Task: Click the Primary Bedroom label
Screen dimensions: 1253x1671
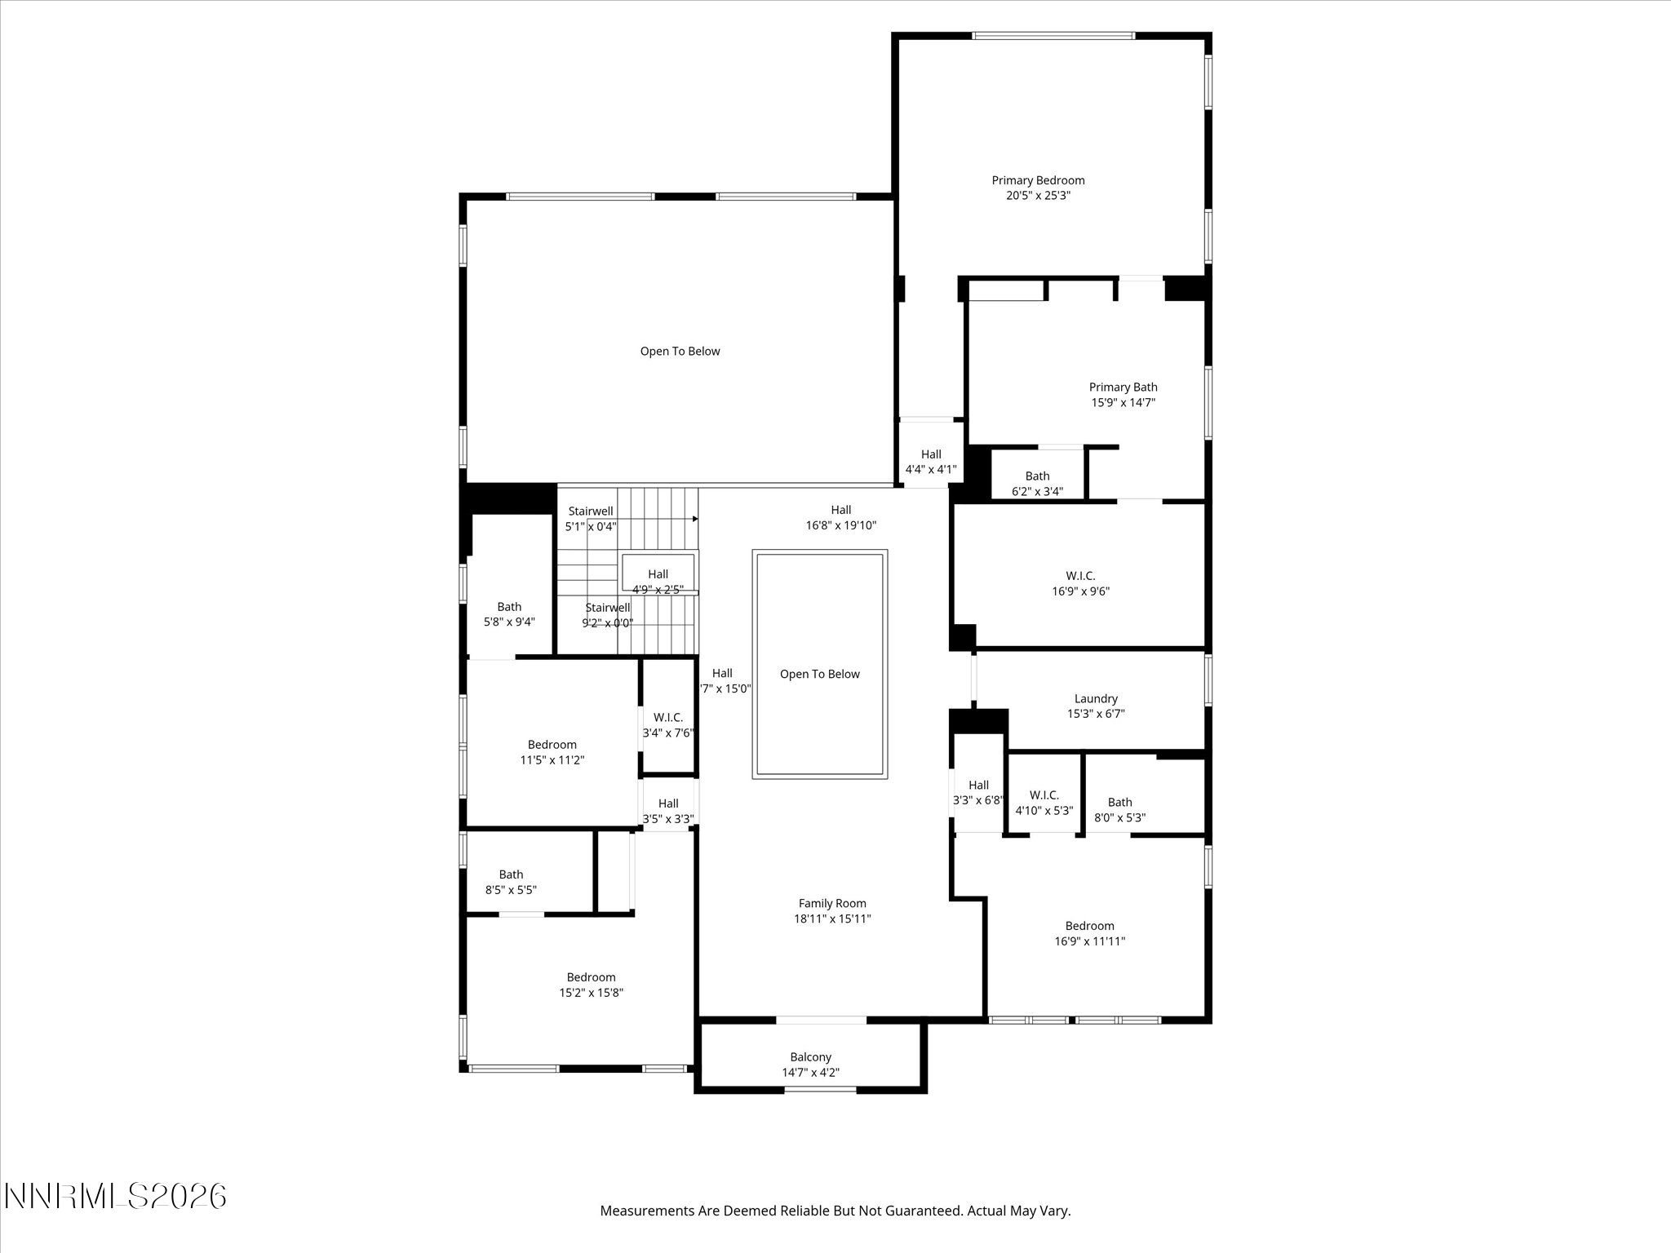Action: pos(1038,181)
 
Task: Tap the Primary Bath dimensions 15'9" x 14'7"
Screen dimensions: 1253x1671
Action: pos(1123,403)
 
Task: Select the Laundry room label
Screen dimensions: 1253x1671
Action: pos(1096,699)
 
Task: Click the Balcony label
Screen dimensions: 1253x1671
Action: pos(810,1057)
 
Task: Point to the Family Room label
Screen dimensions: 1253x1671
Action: pos(832,904)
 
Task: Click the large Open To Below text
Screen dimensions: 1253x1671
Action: pos(680,352)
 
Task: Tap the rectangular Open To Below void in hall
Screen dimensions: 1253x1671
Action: pos(819,674)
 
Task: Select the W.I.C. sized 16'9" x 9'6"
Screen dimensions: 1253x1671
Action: pos(1080,584)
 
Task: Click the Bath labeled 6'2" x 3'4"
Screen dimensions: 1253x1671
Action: pos(1037,484)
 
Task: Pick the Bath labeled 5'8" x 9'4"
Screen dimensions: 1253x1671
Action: pos(509,614)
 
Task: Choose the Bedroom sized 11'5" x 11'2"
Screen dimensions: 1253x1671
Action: pos(552,752)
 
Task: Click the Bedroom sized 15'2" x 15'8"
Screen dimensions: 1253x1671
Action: pos(591,985)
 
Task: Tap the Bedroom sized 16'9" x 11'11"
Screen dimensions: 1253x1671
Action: pos(1089,933)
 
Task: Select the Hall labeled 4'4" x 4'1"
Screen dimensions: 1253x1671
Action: pos(931,463)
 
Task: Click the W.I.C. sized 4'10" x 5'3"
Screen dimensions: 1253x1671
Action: pos(1044,803)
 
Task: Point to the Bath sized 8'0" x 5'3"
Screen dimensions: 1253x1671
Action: pos(1119,810)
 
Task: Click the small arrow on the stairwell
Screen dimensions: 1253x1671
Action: pos(694,519)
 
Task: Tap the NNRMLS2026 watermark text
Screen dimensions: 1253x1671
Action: pos(115,1197)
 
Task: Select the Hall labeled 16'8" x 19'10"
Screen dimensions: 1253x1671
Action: pos(840,518)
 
